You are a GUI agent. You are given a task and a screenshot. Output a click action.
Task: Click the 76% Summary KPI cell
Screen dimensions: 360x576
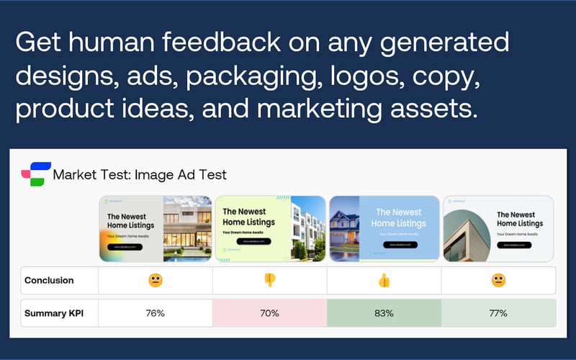155,313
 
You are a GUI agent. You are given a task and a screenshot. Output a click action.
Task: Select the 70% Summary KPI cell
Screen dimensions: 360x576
269,313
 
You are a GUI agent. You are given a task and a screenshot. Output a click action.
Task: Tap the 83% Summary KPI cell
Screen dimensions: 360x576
384,313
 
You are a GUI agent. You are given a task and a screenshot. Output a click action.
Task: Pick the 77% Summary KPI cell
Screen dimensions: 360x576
498,313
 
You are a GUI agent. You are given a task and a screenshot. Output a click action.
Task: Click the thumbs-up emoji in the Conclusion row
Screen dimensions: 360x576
384,280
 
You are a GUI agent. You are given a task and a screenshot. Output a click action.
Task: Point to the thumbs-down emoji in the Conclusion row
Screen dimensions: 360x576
269,280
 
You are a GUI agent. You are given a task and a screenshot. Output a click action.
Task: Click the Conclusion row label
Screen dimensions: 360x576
49,280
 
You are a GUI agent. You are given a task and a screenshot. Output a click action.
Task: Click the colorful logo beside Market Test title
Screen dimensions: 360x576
32,174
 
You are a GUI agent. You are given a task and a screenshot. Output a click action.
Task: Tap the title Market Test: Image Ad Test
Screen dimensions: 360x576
140,174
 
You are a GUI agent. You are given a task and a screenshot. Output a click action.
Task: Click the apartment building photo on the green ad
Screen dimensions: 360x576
308,228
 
